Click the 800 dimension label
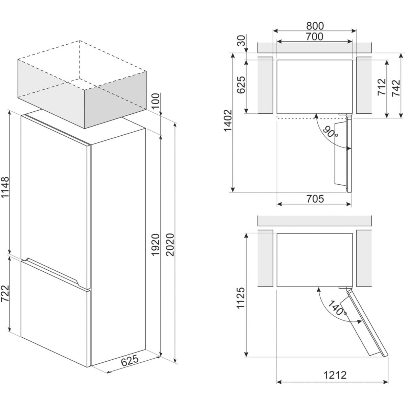[x=315, y=26]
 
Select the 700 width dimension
[x=314, y=37]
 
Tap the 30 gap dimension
[x=242, y=41]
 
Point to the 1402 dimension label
[x=228, y=121]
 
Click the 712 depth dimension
[x=382, y=87]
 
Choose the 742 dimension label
[x=396, y=88]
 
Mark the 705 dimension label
[x=315, y=199]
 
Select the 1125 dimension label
[x=241, y=298]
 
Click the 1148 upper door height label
[x=5, y=187]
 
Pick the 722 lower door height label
[x=5, y=293]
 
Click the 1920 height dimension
[x=156, y=245]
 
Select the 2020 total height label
[x=170, y=245]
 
